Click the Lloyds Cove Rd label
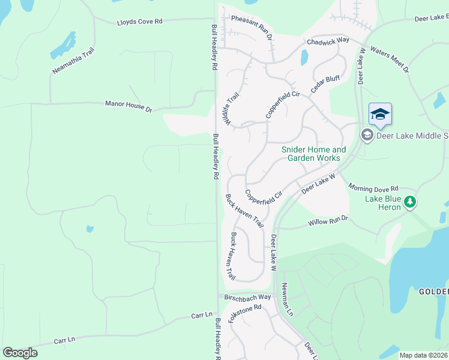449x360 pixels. click(x=140, y=22)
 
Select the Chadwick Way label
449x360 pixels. click(x=328, y=41)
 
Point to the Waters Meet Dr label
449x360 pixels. click(x=390, y=58)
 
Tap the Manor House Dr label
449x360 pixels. click(x=129, y=106)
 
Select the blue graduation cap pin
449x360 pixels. click(x=381, y=113)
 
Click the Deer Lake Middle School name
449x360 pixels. click(x=412, y=136)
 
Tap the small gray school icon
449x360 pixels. click(x=367, y=135)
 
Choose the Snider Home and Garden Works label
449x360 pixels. click(x=314, y=154)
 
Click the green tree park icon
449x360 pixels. click(x=410, y=202)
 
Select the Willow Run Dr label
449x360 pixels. click(x=328, y=221)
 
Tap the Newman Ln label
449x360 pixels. click(x=288, y=300)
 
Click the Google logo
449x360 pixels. click(x=20, y=353)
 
